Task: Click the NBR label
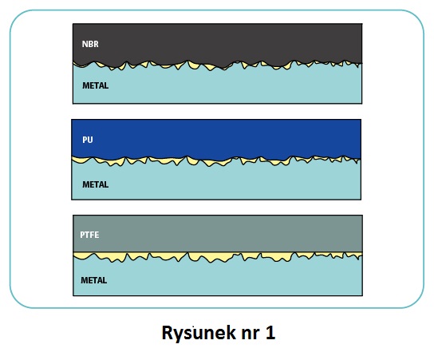90,44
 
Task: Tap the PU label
88,140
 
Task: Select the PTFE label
89,235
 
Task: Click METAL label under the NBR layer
95,85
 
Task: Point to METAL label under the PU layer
95,184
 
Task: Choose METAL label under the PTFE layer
94,280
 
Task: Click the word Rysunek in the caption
199,334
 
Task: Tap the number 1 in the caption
270,333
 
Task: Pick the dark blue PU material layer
216,139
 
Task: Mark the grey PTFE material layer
218,233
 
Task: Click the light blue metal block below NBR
217,87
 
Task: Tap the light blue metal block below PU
216,183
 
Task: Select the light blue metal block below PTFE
218,279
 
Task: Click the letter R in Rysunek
167,333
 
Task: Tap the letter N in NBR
85,44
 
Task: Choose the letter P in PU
85,140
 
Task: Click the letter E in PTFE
97,235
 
